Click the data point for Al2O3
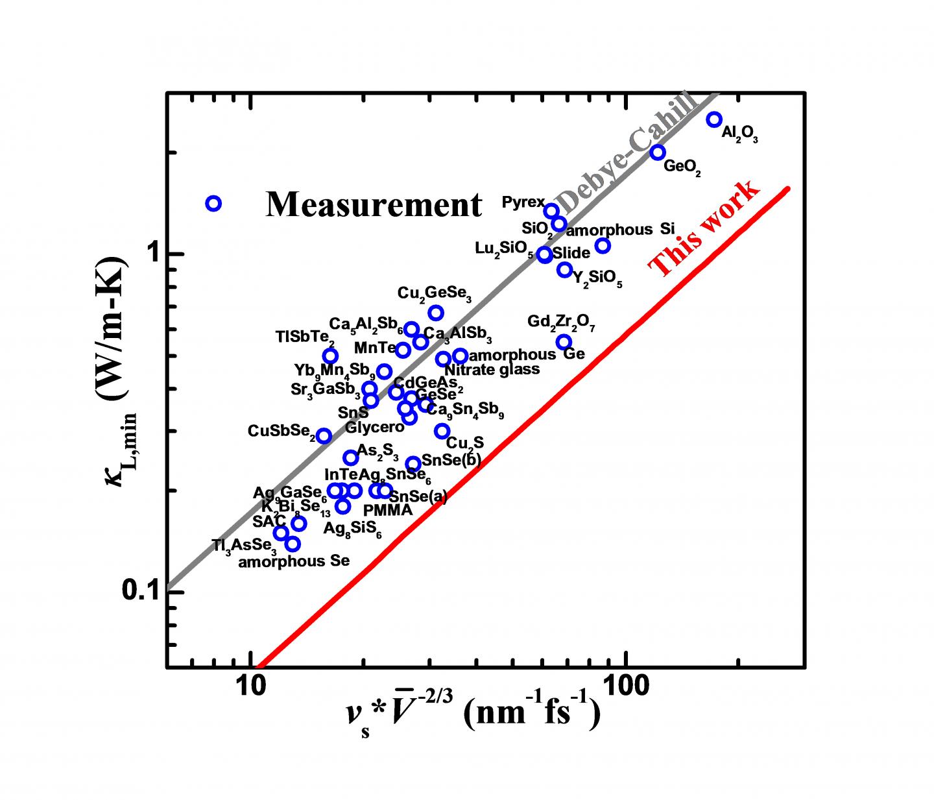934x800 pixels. [714, 119]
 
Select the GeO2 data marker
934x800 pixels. [658, 152]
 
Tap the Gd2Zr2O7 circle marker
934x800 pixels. [564, 342]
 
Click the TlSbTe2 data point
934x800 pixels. [330, 356]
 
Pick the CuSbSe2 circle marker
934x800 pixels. [324, 436]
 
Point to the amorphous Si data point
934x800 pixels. [603, 245]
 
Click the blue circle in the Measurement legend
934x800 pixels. [213, 204]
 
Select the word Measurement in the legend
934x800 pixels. [374, 205]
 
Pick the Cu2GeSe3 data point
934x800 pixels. [436, 313]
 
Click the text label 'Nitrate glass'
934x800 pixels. [492, 370]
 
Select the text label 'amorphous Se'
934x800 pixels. [294, 561]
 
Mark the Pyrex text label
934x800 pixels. [523, 202]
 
